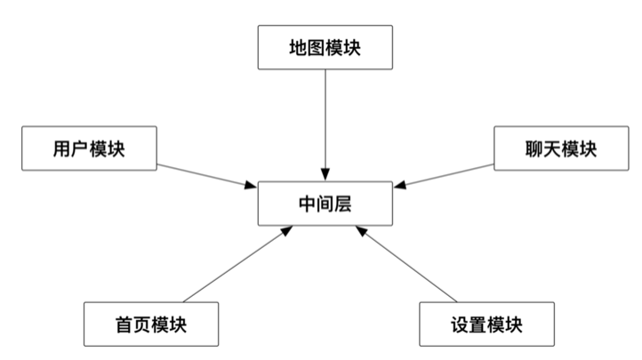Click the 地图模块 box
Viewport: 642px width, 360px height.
point(325,47)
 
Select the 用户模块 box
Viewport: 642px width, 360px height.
point(88,148)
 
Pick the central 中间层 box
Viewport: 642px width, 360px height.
point(325,203)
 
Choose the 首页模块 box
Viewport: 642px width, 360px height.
point(150,324)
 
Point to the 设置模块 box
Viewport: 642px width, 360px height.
point(486,324)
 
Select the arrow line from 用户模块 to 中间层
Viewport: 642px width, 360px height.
point(205,175)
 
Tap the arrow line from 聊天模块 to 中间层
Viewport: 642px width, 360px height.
point(445,175)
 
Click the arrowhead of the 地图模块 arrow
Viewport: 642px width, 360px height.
point(325,174)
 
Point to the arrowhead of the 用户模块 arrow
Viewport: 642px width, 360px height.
point(252,185)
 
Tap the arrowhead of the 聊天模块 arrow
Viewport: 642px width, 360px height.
point(398,185)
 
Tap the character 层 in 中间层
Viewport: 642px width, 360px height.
point(343,204)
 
